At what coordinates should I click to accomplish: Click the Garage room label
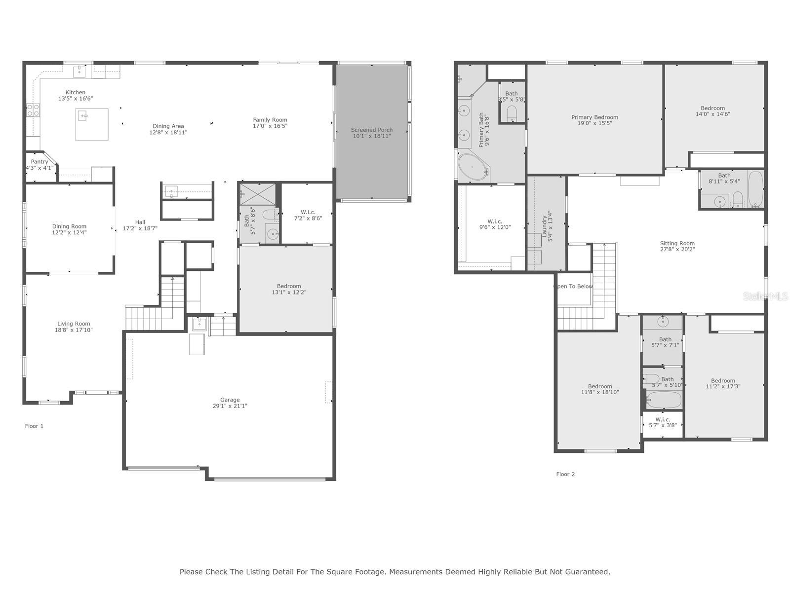click(230, 400)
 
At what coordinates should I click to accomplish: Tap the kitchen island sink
click(84, 116)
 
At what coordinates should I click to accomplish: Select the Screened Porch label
click(372, 130)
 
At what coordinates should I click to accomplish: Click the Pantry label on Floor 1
click(39, 162)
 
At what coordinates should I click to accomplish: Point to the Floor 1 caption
click(35, 426)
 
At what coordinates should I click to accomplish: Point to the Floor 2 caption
click(565, 474)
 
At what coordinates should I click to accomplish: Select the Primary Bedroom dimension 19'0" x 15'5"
click(594, 123)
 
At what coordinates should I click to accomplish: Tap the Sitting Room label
click(677, 243)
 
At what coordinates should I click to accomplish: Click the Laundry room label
click(545, 226)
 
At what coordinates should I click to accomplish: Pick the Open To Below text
click(574, 286)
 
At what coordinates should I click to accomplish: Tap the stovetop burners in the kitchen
click(33, 110)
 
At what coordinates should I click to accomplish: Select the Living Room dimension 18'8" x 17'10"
click(74, 330)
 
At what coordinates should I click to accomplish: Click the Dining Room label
click(69, 226)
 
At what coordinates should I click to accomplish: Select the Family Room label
click(270, 120)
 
